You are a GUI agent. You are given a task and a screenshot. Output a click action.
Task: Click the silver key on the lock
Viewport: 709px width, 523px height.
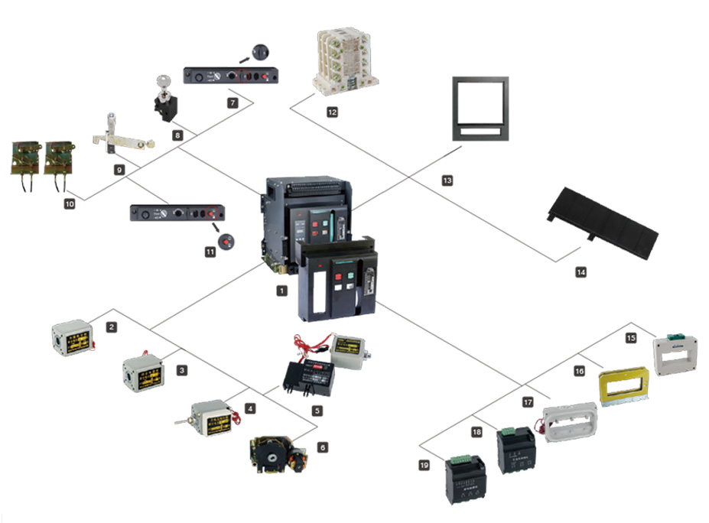[x=162, y=82]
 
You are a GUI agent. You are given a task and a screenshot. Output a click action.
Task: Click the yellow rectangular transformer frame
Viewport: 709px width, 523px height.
[x=623, y=385]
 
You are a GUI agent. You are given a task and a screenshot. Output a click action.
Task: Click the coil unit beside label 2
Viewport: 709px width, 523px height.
[x=72, y=337]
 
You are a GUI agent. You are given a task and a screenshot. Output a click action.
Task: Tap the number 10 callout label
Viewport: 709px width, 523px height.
[x=69, y=205]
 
